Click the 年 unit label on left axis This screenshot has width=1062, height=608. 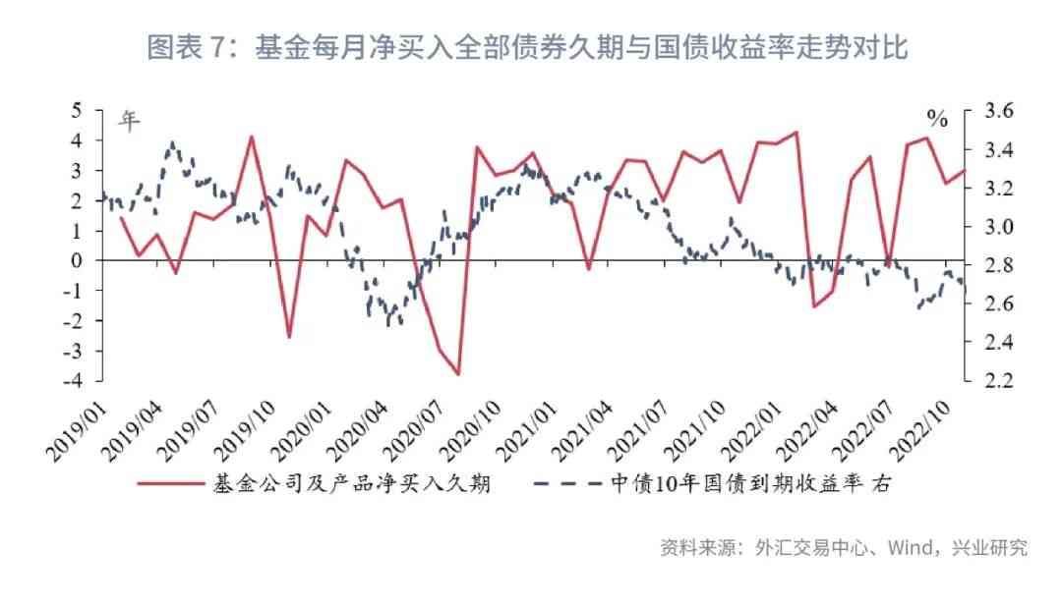[130, 120]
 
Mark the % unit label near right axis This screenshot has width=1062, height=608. [937, 121]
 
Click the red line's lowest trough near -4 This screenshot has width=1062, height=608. [458, 374]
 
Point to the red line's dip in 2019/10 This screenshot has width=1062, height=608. [289, 337]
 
